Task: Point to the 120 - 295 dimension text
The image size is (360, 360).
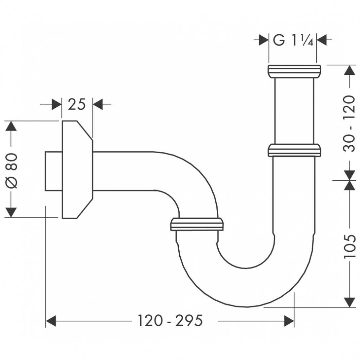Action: (x=170, y=320)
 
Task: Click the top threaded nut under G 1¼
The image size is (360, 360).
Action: (x=294, y=71)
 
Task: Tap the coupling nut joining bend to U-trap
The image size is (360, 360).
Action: (x=197, y=224)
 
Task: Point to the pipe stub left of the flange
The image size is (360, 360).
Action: (x=53, y=171)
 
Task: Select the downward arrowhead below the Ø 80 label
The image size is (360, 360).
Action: (x=11, y=212)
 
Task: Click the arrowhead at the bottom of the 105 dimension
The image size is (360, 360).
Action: (x=349, y=302)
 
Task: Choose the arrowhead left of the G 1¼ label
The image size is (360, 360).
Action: (x=263, y=40)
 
